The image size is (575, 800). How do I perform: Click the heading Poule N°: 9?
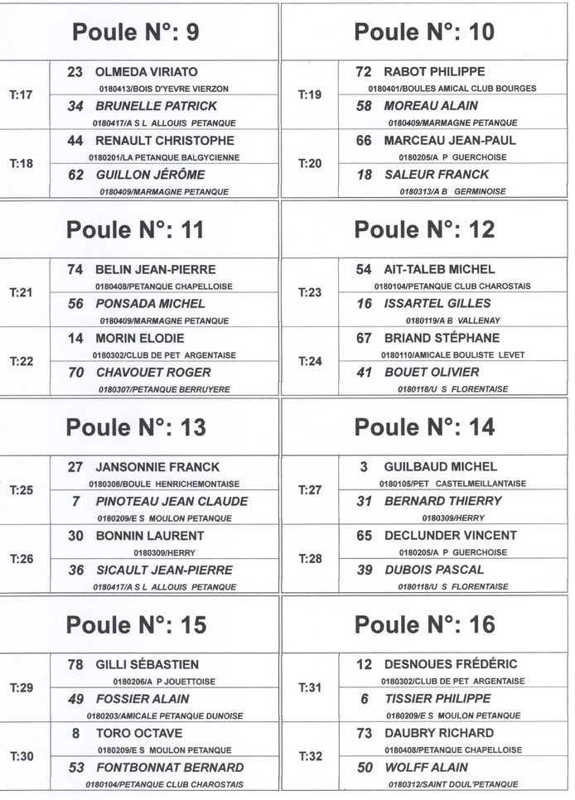point(136,32)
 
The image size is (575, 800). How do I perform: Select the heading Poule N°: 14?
point(424,427)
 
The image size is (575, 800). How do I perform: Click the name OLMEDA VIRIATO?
point(147,72)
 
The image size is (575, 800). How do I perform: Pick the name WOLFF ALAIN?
point(426,768)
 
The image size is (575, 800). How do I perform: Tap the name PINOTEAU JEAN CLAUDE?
point(172,501)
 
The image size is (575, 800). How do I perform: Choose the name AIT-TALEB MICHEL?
point(439,269)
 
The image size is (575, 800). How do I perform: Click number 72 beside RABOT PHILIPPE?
point(363,72)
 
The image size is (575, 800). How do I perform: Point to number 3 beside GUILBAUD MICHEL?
point(364,467)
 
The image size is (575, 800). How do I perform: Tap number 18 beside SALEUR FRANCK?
point(364,175)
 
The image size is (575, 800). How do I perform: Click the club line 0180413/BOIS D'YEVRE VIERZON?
point(163,89)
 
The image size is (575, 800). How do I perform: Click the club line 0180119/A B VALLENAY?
point(452,320)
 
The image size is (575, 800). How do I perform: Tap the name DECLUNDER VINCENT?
point(450,535)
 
